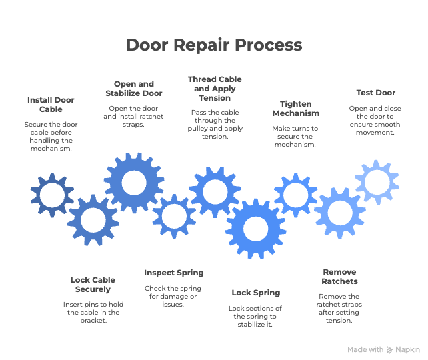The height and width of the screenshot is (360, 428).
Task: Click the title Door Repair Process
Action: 213,45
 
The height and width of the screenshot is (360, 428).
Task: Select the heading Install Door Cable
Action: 51,104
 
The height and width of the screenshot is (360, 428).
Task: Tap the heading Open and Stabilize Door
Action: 134,89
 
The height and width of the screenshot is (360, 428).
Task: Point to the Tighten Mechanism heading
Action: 295,109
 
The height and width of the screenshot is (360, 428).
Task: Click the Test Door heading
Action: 376,93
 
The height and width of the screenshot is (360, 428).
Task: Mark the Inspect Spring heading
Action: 173,273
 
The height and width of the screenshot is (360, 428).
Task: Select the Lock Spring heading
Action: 255,293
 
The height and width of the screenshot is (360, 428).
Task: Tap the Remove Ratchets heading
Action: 339,277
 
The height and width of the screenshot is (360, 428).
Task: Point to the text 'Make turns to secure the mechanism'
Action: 295,136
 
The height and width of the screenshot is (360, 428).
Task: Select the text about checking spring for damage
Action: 173,296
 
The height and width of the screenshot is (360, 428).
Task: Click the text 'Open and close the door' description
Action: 376,120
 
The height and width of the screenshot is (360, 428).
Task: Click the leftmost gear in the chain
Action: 52,195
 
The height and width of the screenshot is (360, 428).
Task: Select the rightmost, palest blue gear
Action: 377,180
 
